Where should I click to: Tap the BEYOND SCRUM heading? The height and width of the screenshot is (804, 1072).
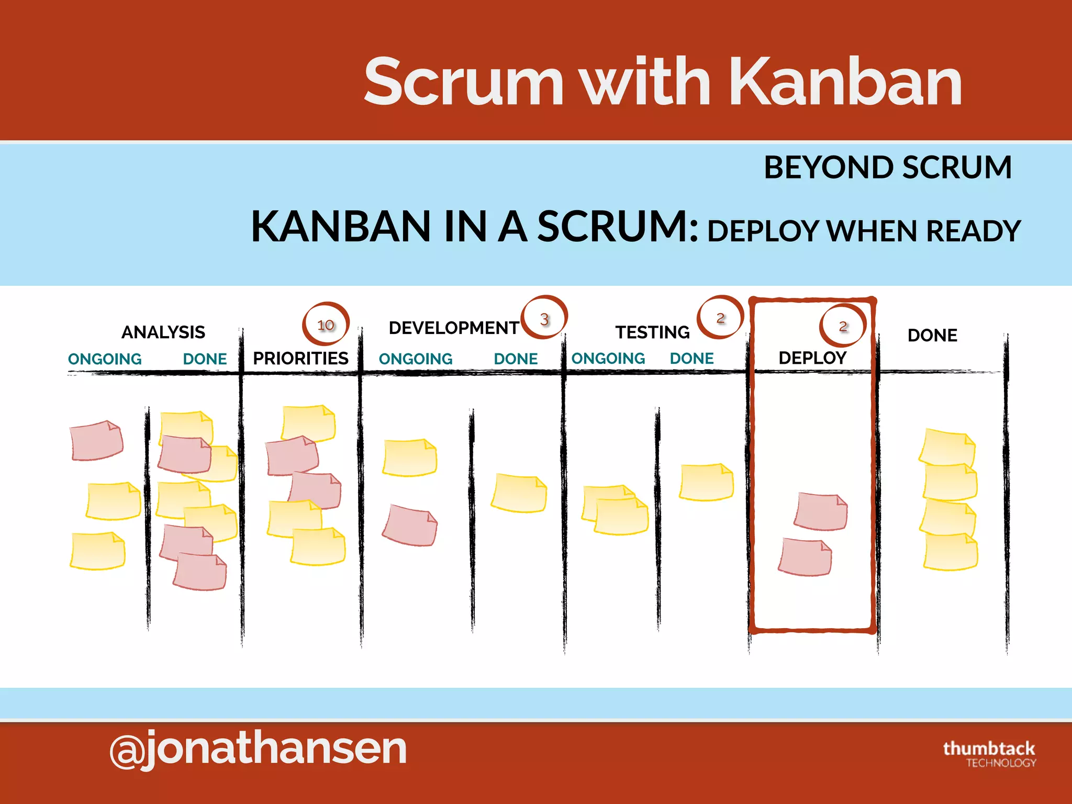[888, 167]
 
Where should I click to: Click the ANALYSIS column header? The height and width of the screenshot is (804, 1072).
[163, 332]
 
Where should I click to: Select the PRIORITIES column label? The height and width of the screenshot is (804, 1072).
[300, 359]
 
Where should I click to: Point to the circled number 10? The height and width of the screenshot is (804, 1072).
[326, 325]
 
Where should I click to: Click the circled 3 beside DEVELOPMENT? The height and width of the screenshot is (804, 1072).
[544, 319]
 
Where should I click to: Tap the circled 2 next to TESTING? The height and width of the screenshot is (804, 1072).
[720, 318]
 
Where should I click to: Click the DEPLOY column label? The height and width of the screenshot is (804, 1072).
[812, 358]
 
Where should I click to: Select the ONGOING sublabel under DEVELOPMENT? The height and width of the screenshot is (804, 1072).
[416, 359]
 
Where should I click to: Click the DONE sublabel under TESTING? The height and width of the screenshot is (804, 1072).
[691, 359]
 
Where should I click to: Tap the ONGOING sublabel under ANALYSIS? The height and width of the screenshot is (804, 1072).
[105, 359]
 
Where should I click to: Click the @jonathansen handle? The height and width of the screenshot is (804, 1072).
[258, 749]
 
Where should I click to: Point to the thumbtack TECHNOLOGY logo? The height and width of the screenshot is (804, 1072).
[989, 754]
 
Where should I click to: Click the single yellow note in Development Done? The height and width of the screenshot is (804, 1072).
[519, 493]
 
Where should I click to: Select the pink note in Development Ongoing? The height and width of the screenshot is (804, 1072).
[410, 526]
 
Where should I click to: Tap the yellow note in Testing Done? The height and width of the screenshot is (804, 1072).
[706, 482]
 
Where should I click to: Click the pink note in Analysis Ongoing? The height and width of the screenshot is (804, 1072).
[97, 440]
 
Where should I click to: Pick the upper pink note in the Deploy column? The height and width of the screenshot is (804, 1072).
[821, 511]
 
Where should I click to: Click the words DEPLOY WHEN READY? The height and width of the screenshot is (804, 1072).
[864, 231]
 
